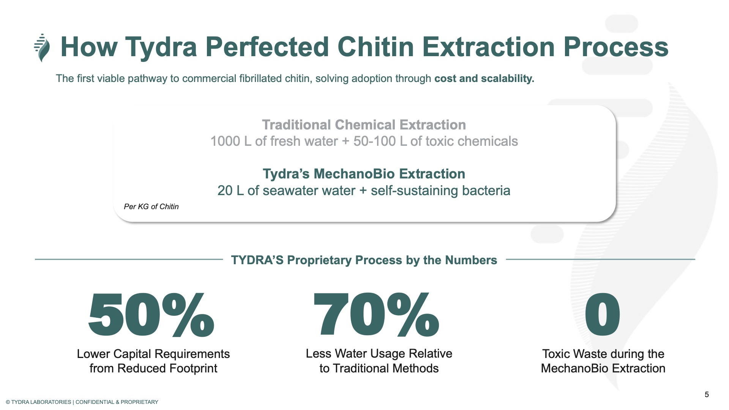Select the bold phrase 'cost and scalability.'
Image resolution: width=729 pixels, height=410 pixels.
tap(484, 79)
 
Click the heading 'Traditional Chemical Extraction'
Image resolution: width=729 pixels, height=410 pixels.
tap(364, 125)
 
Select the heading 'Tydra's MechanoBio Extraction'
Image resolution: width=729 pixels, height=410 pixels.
tap(364, 173)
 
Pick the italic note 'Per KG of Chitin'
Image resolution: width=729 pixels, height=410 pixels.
tap(151, 207)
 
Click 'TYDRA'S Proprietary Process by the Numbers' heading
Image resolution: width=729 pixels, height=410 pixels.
tap(364, 260)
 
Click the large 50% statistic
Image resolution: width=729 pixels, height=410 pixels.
tap(151, 315)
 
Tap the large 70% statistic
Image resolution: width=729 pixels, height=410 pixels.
tap(376, 315)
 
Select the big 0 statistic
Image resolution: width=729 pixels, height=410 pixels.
tap(602, 315)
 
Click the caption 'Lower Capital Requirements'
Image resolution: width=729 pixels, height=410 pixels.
tap(153, 354)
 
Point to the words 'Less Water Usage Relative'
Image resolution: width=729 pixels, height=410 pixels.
tap(379, 353)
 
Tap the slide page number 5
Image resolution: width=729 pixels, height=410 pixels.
tap(707, 394)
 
